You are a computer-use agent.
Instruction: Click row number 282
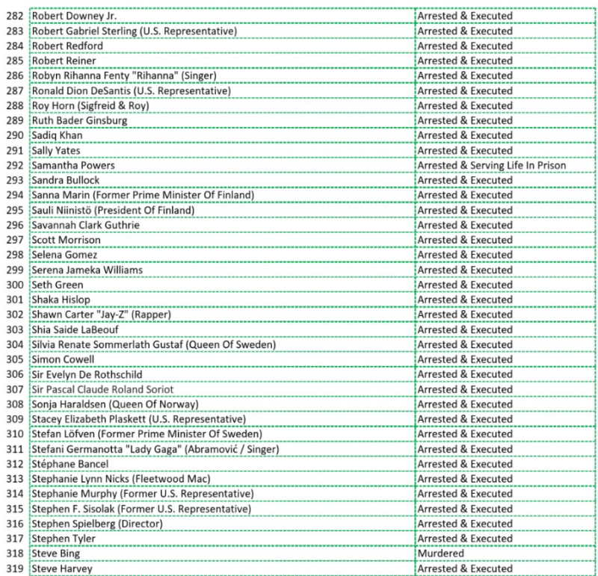pyautogui.click(x=14, y=16)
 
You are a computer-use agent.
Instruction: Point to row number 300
pyautogui.click(x=14, y=285)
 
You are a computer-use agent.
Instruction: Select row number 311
pyautogui.click(x=14, y=449)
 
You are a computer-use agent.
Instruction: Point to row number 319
pyautogui.click(x=14, y=569)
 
